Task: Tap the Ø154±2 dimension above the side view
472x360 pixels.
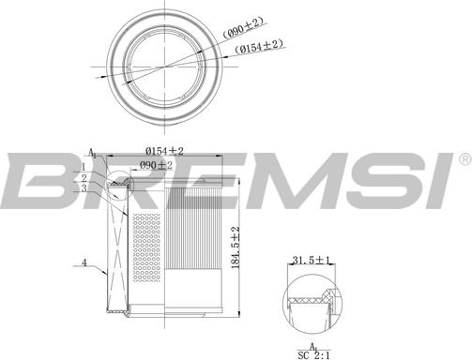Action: (164, 150)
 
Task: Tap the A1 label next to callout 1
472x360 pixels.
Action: (92, 153)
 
